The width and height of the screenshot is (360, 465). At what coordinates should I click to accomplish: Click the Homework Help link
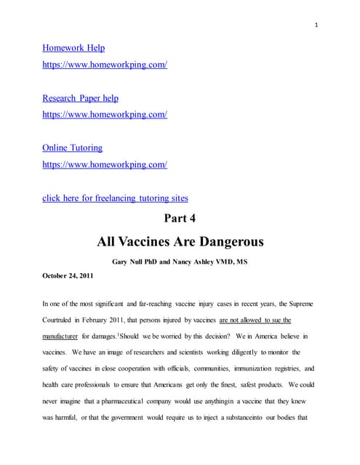pos(73,48)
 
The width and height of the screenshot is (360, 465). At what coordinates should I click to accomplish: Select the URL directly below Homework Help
pos(105,65)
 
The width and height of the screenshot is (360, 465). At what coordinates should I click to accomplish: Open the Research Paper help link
pos(80,98)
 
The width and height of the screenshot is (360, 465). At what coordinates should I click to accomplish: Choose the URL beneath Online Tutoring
pos(105,165)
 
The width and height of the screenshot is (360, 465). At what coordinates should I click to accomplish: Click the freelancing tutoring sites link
pos(114,198)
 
